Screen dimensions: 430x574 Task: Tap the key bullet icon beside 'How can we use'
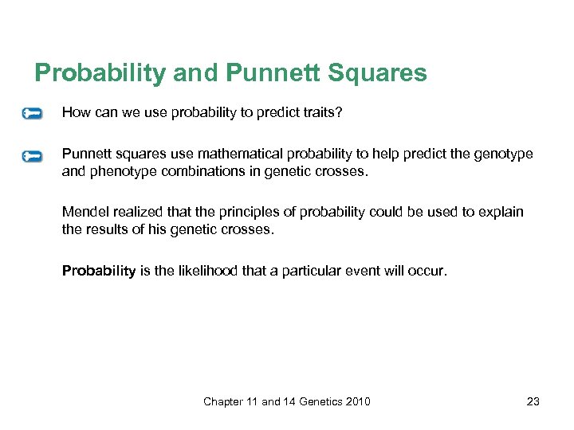[32, 114]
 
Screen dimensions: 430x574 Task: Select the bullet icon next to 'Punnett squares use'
[32, 156]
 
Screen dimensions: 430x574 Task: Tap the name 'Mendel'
[84, 211]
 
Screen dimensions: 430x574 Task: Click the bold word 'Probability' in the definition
[99, 271]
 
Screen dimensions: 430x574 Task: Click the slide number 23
[533, 401]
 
